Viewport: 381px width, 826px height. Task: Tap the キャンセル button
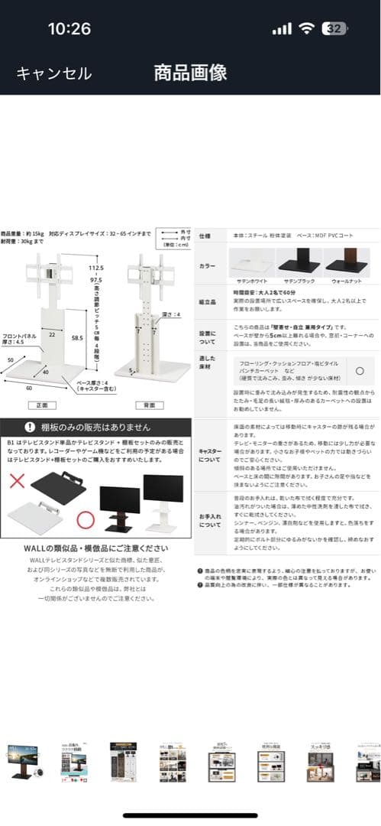(x=53, y=73)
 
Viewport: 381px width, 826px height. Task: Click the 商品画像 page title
(x=190, y=73)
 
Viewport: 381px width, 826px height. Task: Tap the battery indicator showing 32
(x=334, y=29)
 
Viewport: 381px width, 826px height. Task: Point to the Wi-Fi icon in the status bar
(x=307, y=29)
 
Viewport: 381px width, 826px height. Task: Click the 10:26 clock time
(x=69, y=29)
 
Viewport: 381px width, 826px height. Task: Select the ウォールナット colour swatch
(x=347, y=264)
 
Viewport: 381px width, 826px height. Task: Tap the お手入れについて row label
(x=209, y=520)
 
